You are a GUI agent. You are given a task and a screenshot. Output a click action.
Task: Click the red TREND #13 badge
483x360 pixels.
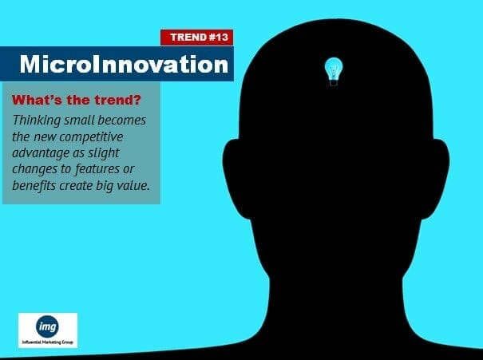pos(196,38)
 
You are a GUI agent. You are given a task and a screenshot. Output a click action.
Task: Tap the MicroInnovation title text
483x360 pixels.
pos(124,64)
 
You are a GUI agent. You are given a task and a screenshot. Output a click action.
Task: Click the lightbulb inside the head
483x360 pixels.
pos(334,72)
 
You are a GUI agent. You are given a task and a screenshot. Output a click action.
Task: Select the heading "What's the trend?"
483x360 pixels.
pos(77,100)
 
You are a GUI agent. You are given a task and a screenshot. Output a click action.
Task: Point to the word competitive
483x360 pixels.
pos(91,136)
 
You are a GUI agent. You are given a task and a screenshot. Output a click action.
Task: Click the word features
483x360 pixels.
pos(97,168)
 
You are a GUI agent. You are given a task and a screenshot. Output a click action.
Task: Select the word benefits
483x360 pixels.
pos(34,185)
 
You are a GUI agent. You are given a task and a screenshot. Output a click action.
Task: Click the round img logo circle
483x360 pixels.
pos(47,326)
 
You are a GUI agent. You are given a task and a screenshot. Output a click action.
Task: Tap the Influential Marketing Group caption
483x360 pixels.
pos(48,342)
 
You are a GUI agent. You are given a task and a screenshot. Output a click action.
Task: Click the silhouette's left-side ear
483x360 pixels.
pos(235,179)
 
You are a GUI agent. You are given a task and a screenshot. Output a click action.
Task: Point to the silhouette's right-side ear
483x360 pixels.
pos(437,179)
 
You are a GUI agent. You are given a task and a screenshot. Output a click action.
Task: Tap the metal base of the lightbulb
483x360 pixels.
pos(334,83)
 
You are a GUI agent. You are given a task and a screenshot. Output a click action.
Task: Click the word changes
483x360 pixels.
pos(35,169)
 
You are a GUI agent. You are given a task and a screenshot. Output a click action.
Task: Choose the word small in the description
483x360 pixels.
pos(80,120)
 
